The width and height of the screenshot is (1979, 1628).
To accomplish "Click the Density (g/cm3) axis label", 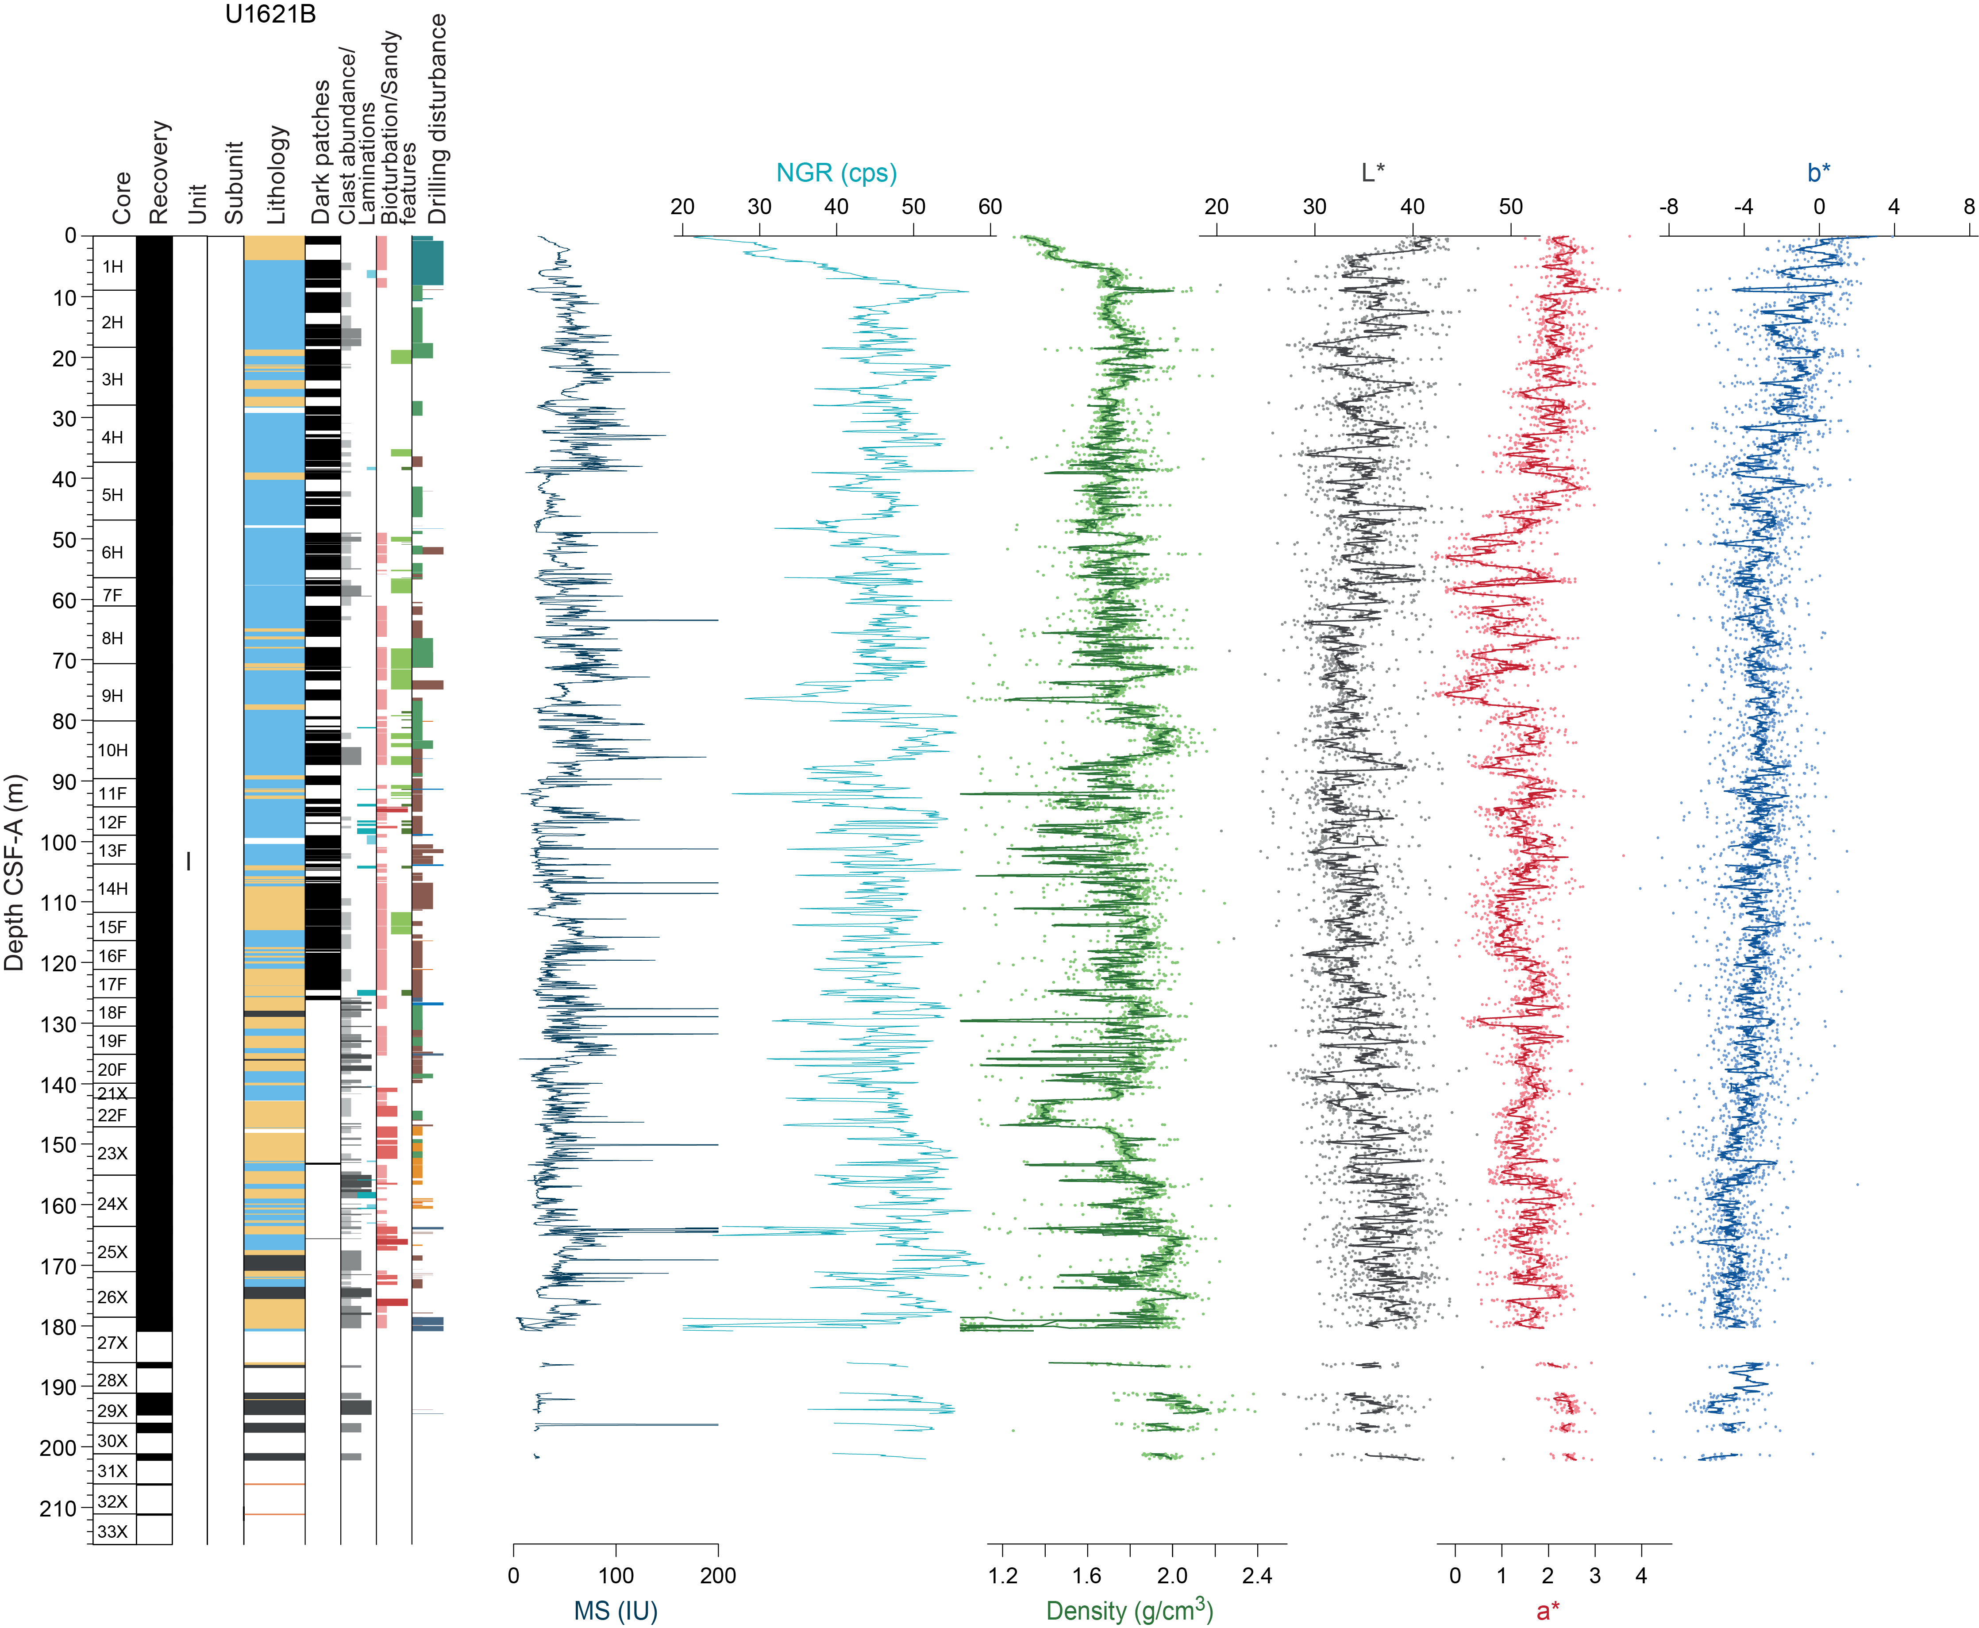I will coord(1129,1609).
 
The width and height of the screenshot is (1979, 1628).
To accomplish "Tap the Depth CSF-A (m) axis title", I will coord(15,872).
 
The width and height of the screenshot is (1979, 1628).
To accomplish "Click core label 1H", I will coord(112,267).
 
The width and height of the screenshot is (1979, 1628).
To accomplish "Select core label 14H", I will coord(112,889).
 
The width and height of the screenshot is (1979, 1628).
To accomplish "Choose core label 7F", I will coord(112,596).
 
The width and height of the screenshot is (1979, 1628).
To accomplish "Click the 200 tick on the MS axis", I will coord(717,1575).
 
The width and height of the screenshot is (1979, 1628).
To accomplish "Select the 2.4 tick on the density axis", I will coord(1257,1575).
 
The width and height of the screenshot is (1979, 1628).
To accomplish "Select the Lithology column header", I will coord(276,175).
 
